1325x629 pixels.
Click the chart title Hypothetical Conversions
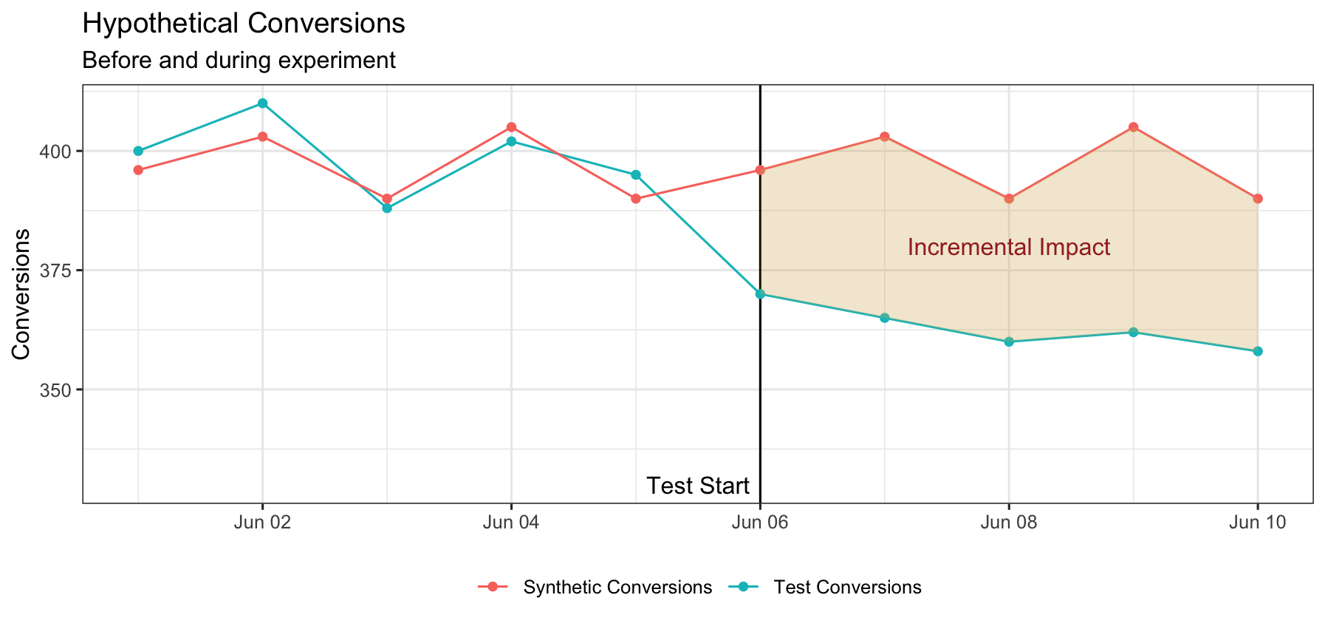(244, 24)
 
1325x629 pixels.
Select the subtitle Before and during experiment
(239, 60)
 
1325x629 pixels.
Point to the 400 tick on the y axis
(58, 152)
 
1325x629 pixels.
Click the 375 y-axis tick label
(58, 271)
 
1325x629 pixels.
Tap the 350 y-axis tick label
(58, 390)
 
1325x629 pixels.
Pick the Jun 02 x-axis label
(262, 523)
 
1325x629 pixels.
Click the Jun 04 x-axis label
(511, 523)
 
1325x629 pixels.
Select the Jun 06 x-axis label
(760, 523)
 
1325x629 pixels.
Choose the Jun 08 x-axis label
(1009, 523)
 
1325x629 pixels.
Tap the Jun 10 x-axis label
(1258, 523)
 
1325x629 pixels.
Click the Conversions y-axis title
(21, 294)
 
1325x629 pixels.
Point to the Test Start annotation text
(698, 486)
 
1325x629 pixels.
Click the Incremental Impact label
(1009, 247)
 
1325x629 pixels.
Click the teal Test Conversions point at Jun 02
(262, 103)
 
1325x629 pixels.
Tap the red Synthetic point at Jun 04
(511, 127)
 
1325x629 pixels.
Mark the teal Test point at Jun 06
(760, 294)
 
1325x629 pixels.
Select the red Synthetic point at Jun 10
(1258, 199)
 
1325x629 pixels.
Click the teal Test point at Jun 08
(1009, 341)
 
